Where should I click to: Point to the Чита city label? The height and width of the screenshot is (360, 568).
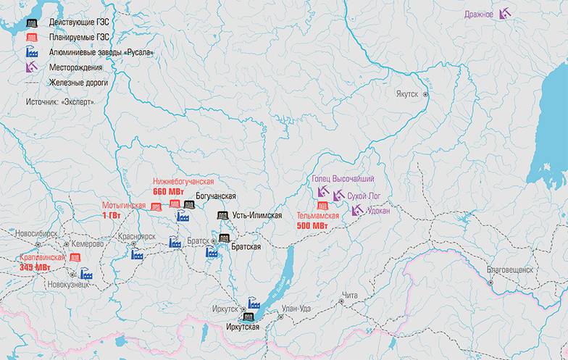[x=351, y=295]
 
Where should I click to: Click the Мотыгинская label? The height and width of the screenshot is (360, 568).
[x=123, y=206]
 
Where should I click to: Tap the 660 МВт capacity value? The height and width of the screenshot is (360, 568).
[x=168, y=191]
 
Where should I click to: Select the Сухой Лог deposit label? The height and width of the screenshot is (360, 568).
[x=364, y=196]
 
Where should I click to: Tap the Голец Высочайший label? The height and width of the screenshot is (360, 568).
[x=343, y=179]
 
